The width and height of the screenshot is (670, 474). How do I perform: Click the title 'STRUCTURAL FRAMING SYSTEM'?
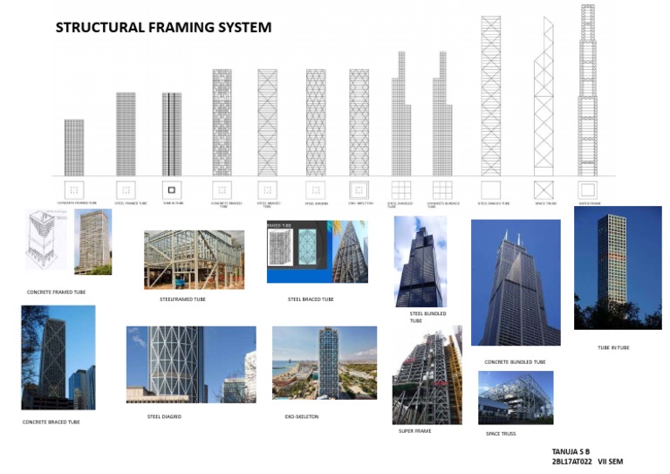163,27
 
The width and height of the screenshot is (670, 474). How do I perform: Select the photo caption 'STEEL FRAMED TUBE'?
183,299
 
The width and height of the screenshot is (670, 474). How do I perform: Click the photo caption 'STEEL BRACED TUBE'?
311,299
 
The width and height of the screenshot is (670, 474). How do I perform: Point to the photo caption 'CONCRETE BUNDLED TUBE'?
515,361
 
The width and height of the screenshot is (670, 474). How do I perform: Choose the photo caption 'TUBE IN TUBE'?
613,347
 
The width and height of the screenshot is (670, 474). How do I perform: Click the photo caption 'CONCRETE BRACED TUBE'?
51,422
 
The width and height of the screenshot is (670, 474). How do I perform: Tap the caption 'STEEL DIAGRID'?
164,416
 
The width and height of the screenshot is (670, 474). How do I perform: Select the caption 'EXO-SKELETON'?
302,416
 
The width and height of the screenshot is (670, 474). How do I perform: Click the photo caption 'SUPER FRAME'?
414,430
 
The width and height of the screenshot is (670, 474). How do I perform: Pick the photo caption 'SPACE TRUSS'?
501,433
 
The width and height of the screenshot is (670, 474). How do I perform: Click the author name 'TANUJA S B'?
571,451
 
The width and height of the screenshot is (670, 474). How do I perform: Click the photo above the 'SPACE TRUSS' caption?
516,398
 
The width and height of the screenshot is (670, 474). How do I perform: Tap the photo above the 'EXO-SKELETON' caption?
325,362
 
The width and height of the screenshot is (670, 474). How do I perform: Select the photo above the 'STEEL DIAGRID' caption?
191,364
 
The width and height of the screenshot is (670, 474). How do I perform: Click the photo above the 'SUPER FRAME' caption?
427,375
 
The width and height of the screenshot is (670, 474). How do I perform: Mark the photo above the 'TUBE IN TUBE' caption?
617,268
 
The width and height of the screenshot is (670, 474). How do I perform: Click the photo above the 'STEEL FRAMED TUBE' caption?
194,259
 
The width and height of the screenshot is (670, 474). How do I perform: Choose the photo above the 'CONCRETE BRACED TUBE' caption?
58,357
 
